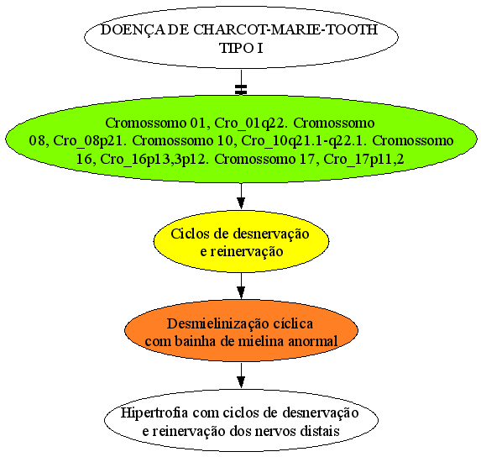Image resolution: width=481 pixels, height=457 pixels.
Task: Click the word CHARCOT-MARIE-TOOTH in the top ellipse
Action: coord(285,29)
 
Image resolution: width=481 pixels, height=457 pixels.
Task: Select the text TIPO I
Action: coord(241,48)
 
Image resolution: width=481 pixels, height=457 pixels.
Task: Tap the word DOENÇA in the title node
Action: coord(131,30)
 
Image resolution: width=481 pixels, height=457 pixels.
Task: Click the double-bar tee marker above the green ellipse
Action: coord(241,89)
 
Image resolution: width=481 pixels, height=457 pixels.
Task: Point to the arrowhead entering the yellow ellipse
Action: coord(241,203)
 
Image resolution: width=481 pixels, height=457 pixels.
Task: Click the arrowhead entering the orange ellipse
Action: coord(241,292)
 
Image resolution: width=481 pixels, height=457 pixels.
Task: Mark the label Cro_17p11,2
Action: coord(363,160)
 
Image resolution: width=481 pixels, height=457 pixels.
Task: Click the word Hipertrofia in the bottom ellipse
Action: coord(154,412)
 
